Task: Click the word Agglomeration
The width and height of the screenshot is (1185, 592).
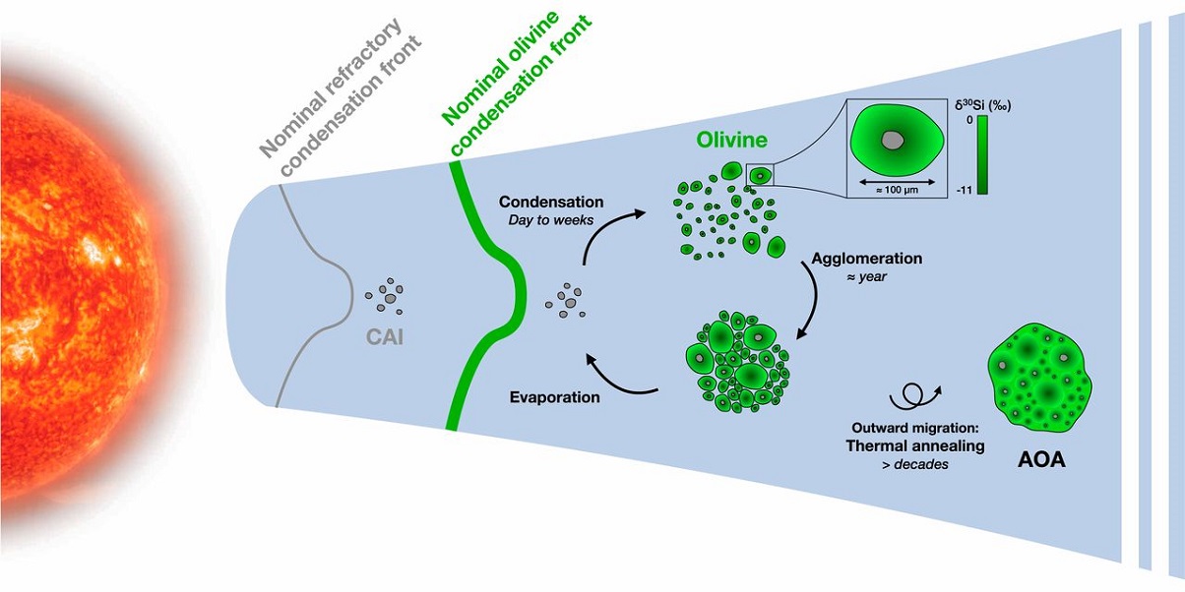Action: point(866,259)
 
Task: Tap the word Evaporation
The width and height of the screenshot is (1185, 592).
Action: point(555,398)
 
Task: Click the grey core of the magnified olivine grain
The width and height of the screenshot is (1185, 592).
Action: point(892,140)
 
